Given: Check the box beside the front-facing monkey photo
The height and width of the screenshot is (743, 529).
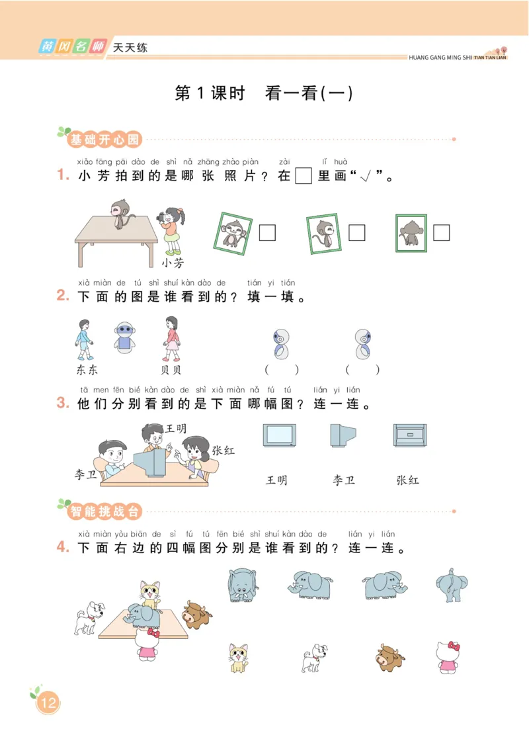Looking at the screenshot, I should tap(267, 233).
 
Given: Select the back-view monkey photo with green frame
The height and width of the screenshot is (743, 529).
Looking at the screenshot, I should tap(411, 233).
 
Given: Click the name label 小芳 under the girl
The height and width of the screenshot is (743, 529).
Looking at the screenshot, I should tap(173, 263).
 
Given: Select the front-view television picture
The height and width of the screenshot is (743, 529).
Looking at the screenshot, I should tap(280, 437).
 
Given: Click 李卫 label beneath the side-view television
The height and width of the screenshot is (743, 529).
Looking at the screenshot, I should tap(344, 480).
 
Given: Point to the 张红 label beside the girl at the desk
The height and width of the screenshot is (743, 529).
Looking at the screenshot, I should tap(223, 451).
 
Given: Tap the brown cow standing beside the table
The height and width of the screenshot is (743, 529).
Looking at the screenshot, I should tap(196, 615).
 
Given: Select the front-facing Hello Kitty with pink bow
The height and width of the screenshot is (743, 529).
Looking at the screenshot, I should tap(450, 657).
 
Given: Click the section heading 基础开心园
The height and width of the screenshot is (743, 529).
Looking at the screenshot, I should tap(104, 140).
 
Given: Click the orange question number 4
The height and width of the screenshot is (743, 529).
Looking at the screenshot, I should tap(63, 547).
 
